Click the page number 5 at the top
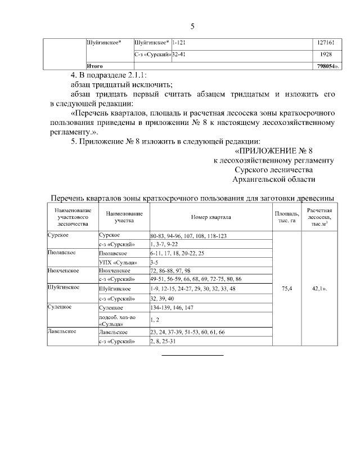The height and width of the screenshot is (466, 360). tap(192, 26)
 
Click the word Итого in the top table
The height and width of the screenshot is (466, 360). tap(94, 66)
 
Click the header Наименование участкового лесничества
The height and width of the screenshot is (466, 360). tap(70, 217)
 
